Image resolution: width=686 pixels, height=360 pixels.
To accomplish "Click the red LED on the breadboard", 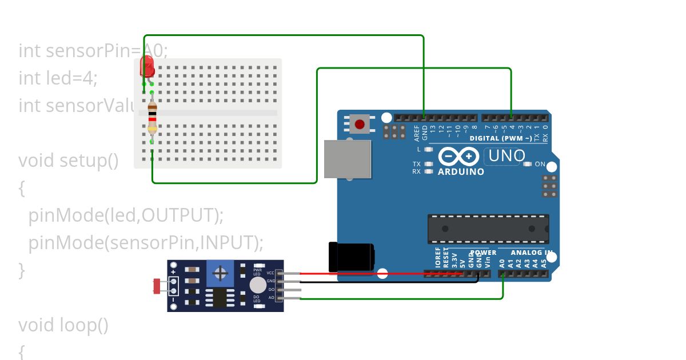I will point(147,67).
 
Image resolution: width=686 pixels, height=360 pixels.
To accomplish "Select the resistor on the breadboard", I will point(152,117).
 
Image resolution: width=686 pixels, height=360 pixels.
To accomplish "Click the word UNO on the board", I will point(506,155).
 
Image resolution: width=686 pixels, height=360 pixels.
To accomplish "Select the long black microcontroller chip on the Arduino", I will point(488,229).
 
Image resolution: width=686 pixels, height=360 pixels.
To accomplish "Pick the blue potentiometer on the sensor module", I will point(220,273).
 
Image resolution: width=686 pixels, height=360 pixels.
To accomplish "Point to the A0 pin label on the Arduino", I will point(502,263).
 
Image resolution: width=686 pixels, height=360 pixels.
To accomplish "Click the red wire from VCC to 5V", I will point(372,274).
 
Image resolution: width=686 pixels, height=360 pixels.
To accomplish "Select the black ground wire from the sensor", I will point(389,282).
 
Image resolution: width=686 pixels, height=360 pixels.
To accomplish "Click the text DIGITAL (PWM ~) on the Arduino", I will point(501,138).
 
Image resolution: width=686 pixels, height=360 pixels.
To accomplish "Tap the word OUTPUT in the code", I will point(180,215).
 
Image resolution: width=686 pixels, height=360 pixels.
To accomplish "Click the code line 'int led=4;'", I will point(58,78).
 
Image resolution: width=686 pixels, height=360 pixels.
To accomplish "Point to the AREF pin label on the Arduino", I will point(417,133).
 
